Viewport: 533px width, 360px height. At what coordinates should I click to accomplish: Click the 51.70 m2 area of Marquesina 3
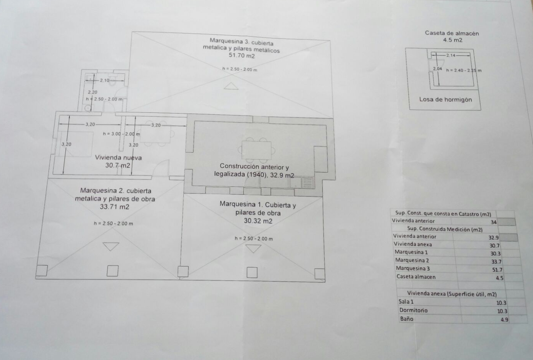point(241,55)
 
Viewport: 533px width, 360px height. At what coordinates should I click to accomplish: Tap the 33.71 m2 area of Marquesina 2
point(114,207)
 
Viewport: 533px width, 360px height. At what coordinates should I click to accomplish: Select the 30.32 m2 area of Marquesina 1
point(258,221)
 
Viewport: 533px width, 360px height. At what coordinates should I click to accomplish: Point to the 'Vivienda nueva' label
point(118,157)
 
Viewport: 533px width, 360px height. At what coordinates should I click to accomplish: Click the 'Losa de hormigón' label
point(445,99)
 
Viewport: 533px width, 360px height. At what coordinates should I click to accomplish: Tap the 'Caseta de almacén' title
point(452,33)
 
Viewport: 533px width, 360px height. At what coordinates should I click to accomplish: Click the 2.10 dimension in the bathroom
point(104,80)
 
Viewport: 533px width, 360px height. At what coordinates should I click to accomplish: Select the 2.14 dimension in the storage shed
point(450,55)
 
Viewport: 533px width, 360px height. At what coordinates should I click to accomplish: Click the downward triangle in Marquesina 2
point(111,246)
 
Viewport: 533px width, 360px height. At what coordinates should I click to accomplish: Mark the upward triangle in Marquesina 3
point(231,86)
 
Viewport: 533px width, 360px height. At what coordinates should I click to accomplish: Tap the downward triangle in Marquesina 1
point(253,249)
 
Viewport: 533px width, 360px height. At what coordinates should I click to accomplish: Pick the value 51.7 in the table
point(497,270)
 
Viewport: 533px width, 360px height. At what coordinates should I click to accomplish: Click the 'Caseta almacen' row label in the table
point(416,276)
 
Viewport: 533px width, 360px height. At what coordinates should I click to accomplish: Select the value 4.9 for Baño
point(504,320)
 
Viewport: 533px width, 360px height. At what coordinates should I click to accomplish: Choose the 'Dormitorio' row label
point(413,310)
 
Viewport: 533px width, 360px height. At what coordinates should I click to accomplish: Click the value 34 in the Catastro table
point(493,222)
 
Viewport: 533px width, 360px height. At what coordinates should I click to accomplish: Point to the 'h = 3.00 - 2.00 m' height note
point(121,134)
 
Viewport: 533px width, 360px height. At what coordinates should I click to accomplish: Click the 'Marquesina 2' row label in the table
point(412,260)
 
